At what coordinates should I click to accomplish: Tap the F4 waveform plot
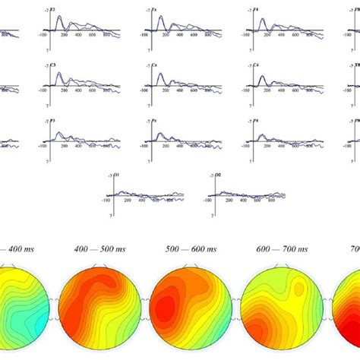pos(286,30)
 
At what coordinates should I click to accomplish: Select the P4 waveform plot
pos(286,140)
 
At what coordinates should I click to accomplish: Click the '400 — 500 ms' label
pos(91,248)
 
